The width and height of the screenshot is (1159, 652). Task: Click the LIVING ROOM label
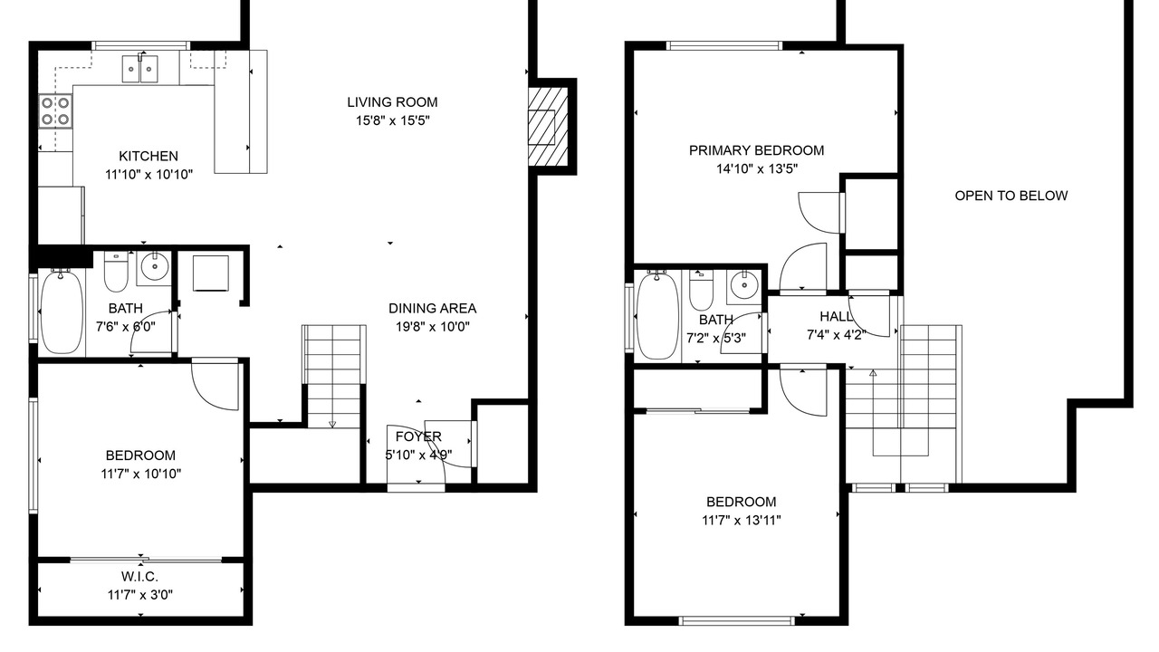392,102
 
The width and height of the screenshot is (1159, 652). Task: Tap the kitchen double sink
139,70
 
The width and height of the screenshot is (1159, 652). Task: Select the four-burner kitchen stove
55,111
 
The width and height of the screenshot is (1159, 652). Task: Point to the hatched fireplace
548,126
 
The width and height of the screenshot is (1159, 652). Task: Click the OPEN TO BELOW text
1011,196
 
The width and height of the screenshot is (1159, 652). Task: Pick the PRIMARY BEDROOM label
756,150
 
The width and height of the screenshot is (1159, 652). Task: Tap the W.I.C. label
139,577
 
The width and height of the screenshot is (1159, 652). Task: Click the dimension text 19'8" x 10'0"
433,327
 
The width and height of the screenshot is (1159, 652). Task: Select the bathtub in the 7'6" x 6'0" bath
62,312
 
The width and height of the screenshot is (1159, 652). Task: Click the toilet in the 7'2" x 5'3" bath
701,289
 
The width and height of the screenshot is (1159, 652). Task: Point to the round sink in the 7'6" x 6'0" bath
155,267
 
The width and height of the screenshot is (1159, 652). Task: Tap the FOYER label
418,436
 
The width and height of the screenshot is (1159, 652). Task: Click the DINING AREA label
433,309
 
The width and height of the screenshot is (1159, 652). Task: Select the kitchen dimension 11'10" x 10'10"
149,175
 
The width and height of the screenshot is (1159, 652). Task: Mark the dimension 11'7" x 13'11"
742,520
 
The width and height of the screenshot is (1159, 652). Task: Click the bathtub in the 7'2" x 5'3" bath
657,315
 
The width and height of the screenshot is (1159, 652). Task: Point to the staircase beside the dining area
334,376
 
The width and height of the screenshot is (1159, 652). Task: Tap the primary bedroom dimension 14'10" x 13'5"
756,168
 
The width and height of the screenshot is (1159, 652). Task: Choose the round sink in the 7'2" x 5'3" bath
744,284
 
